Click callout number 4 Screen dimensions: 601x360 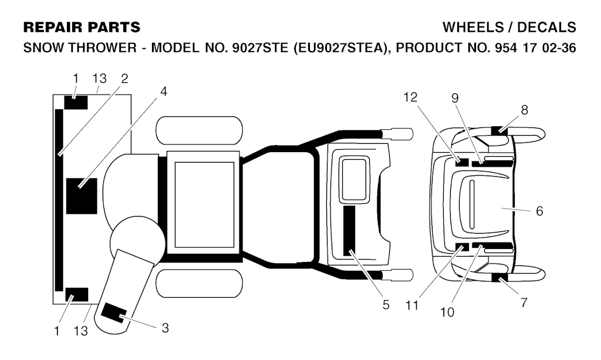164,92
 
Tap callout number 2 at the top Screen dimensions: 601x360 124,79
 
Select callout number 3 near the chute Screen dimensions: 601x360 165,328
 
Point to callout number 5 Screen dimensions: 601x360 386,305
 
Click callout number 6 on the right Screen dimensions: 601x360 539,211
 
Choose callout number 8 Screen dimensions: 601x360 524,110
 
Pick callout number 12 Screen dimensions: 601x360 410,97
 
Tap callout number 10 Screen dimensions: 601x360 447,312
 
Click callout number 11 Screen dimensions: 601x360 412,305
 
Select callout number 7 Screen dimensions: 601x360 524,303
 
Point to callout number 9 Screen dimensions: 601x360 455,99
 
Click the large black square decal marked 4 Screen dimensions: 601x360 82,196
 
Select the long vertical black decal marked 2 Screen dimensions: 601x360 59,200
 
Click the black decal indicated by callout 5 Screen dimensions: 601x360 349,231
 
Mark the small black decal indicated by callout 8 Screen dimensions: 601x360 499,130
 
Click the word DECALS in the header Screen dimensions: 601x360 546,27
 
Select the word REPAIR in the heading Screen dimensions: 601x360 53,27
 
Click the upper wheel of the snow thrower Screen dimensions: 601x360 200,130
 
